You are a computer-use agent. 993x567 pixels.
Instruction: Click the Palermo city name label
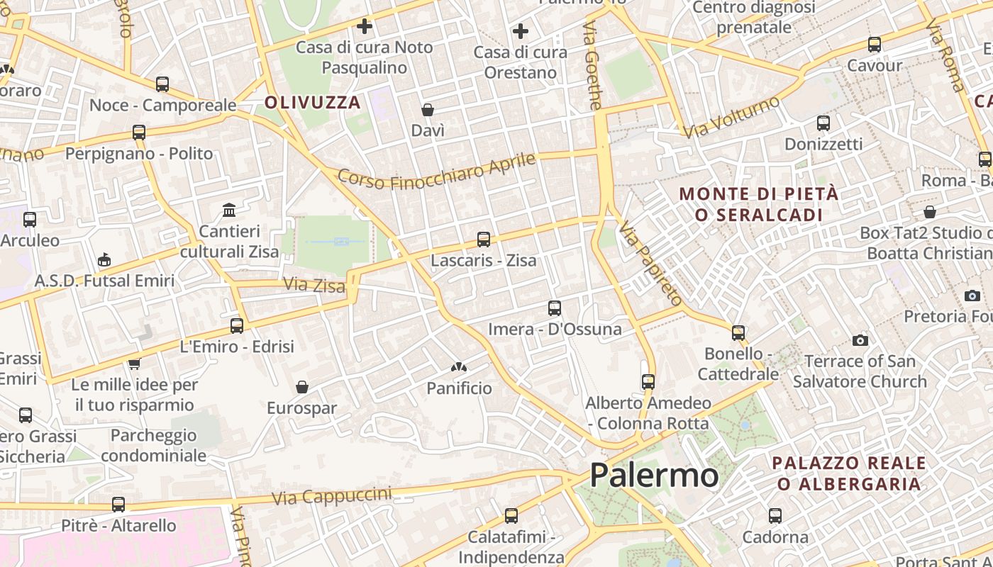point(654,475)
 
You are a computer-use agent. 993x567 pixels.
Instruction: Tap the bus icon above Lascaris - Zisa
point(484,240)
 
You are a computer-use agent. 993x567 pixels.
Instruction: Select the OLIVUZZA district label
point(313,103)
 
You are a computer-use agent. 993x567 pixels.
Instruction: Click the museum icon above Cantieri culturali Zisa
point(229,210)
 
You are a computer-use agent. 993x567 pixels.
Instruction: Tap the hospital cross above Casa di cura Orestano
point(521,31)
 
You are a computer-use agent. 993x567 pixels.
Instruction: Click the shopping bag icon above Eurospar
point(302,387)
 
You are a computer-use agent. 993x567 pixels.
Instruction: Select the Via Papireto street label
point(650,263)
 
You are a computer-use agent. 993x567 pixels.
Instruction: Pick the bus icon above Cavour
point(875,45)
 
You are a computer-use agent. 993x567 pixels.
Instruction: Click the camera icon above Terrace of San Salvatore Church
point(860,341)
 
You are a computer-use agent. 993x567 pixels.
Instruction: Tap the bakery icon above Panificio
point(459,368)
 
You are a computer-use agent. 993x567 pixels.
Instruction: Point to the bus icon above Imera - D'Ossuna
point(555,308)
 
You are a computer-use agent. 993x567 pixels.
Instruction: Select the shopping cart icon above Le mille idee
point(134,364)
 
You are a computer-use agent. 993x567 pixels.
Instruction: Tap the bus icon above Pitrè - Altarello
point(118,505)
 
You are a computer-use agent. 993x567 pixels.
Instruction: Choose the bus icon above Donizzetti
point(823,123)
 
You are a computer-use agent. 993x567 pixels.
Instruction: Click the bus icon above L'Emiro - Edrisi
point(237,326)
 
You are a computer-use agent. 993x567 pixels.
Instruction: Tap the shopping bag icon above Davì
point(428,110)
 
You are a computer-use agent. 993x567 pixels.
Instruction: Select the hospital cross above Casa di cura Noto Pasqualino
point(365,27)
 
